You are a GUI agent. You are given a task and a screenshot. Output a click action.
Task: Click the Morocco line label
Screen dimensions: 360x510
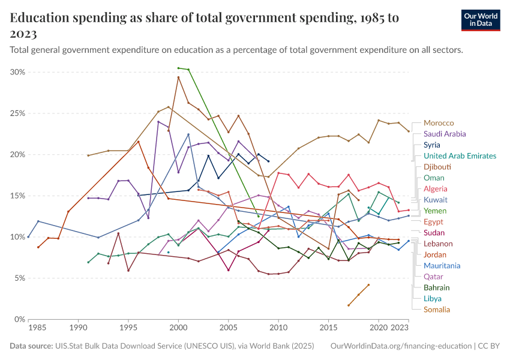point(439,123)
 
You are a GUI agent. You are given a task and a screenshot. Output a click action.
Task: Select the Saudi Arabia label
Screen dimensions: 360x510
point(445,134)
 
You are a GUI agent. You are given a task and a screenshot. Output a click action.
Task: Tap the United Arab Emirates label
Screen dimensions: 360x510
point(460,156)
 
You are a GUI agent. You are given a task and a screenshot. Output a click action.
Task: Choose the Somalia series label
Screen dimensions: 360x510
point(437,310)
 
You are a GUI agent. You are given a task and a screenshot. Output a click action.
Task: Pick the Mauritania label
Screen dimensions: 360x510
point(442,265)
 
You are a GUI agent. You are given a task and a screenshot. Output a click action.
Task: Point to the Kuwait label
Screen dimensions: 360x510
point(436,200)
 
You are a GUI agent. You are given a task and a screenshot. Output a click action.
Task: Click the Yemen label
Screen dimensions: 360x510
point(435,211)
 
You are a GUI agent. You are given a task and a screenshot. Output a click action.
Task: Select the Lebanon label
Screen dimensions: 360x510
point(438,244)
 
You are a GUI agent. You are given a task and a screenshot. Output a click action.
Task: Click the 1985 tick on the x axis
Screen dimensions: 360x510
point(37,329)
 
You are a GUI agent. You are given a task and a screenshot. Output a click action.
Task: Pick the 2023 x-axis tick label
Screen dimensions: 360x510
point(400,329)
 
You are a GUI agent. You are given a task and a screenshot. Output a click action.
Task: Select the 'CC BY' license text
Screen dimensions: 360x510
point(489,347)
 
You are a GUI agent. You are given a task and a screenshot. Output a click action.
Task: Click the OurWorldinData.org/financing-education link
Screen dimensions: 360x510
point(401,347)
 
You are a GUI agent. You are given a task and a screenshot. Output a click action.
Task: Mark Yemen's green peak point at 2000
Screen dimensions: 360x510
point(178,68)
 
